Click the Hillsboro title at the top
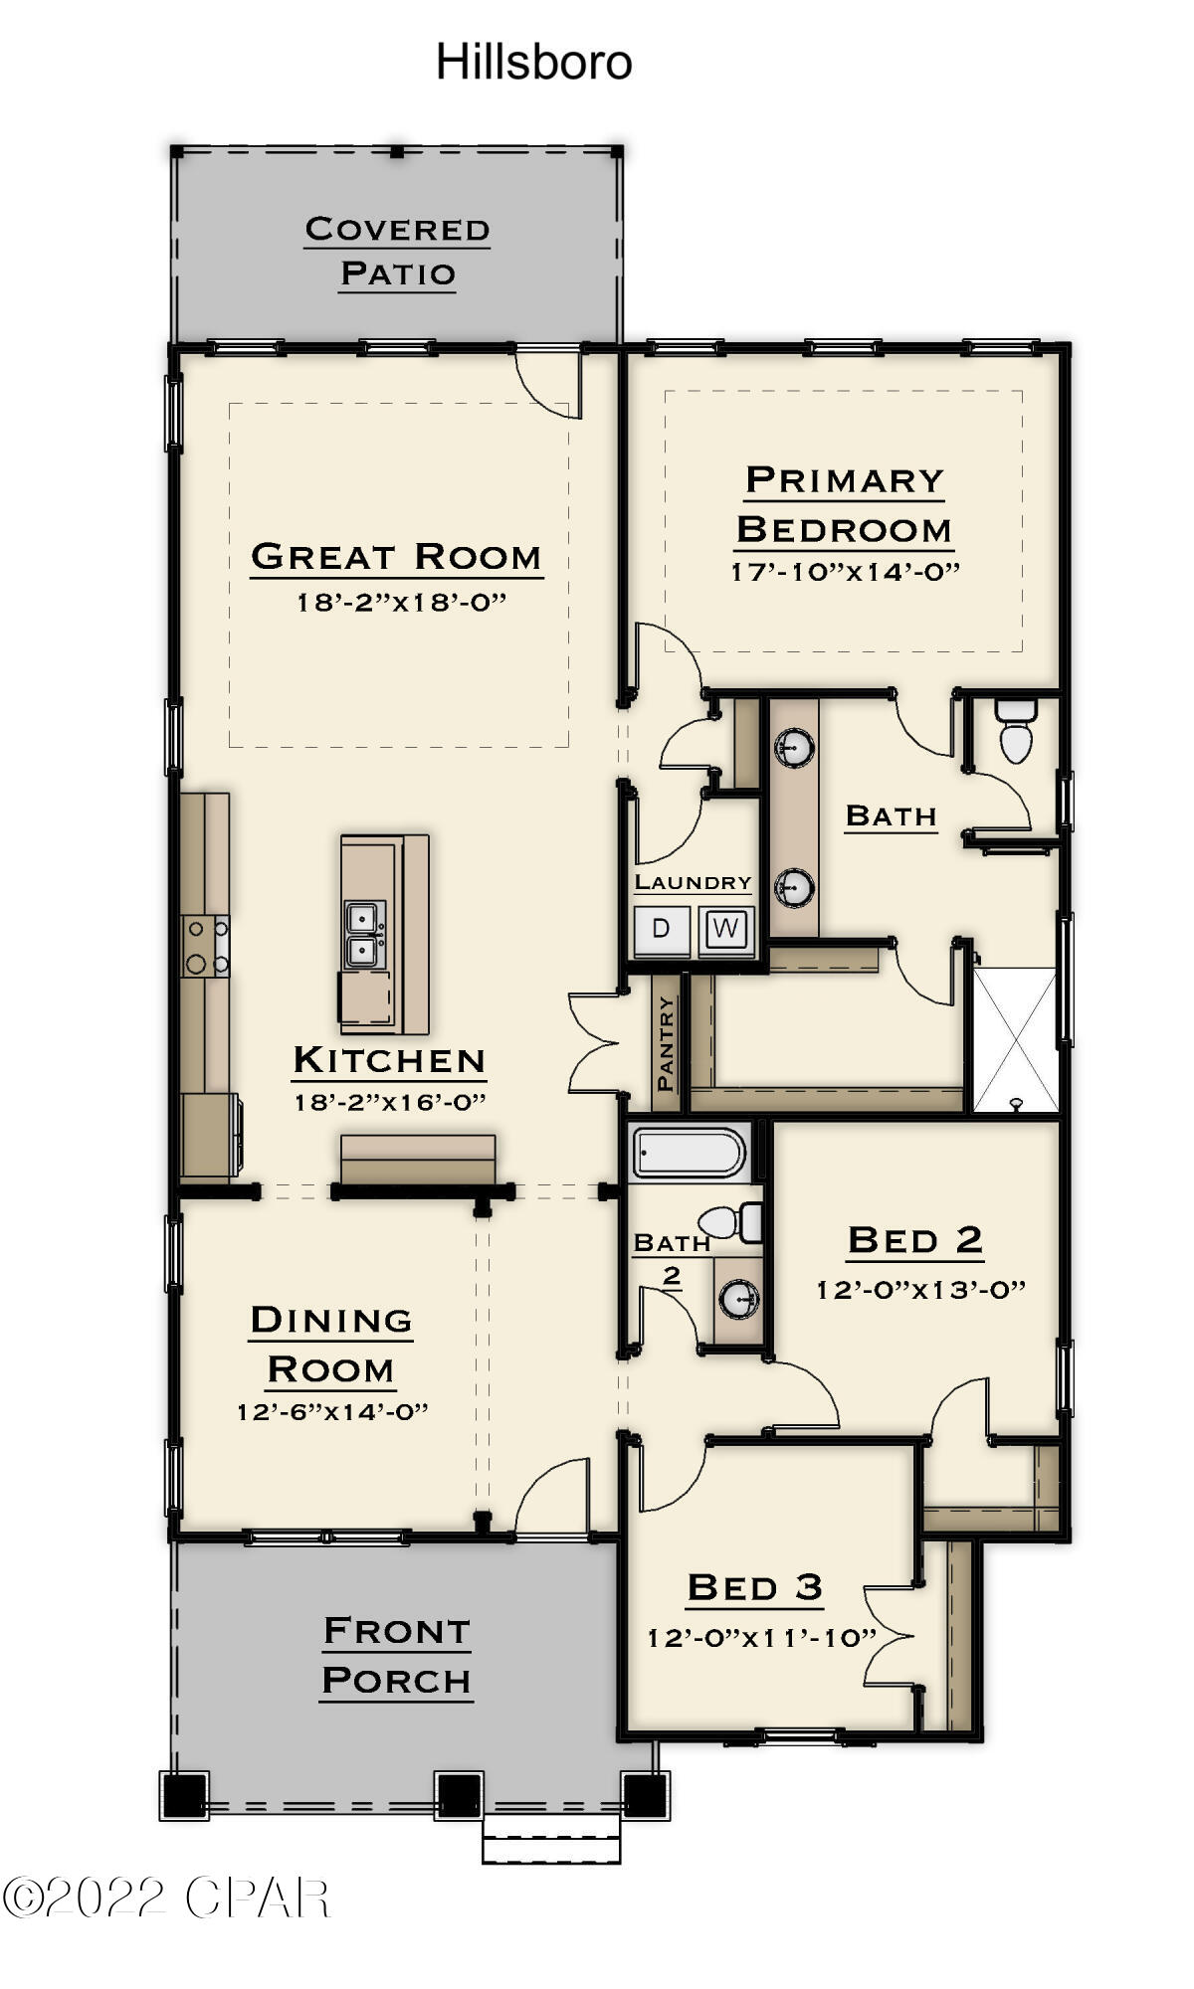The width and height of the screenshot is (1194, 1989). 534,63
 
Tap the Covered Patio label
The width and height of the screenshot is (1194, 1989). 397,251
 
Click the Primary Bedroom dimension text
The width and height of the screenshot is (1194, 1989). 844,573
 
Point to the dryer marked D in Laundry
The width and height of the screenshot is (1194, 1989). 662,929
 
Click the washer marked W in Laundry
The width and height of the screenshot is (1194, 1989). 726,929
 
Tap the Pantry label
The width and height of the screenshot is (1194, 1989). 667,1043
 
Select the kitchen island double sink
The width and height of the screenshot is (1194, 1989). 360,935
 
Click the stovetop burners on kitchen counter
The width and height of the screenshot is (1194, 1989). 206,946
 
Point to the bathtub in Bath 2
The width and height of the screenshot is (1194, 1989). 690,1155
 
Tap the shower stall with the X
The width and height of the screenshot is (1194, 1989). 1014,1039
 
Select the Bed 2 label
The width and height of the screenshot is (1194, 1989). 914,1240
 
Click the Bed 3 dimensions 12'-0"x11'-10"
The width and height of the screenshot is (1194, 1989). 761,1638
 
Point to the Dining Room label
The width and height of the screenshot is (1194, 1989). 331,1345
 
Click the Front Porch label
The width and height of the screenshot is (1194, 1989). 396,1656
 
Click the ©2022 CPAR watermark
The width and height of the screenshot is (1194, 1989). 165,1898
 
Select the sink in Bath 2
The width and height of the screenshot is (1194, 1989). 738,1297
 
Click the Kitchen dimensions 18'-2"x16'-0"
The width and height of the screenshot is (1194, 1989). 389,1103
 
